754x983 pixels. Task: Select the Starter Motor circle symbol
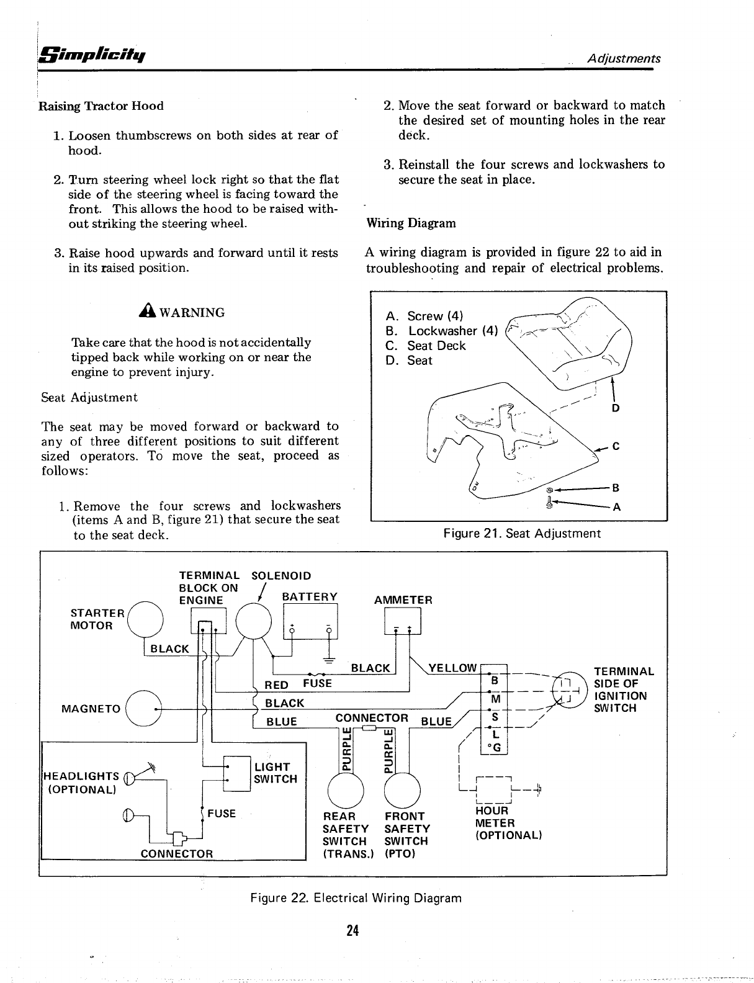pos(145,620)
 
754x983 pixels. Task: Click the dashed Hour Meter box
pos(492,789)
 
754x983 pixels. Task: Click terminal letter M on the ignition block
pos(495,699)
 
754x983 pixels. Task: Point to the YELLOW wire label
pos(452,668)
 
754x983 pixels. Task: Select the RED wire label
pos(276,685)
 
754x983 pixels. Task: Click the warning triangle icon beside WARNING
pos(150,312)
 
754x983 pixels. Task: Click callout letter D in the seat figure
pos(616,408)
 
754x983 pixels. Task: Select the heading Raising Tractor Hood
pos(101,106)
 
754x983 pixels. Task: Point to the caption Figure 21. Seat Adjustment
pos(522,533)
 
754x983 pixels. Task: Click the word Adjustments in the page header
pos(624,59)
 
